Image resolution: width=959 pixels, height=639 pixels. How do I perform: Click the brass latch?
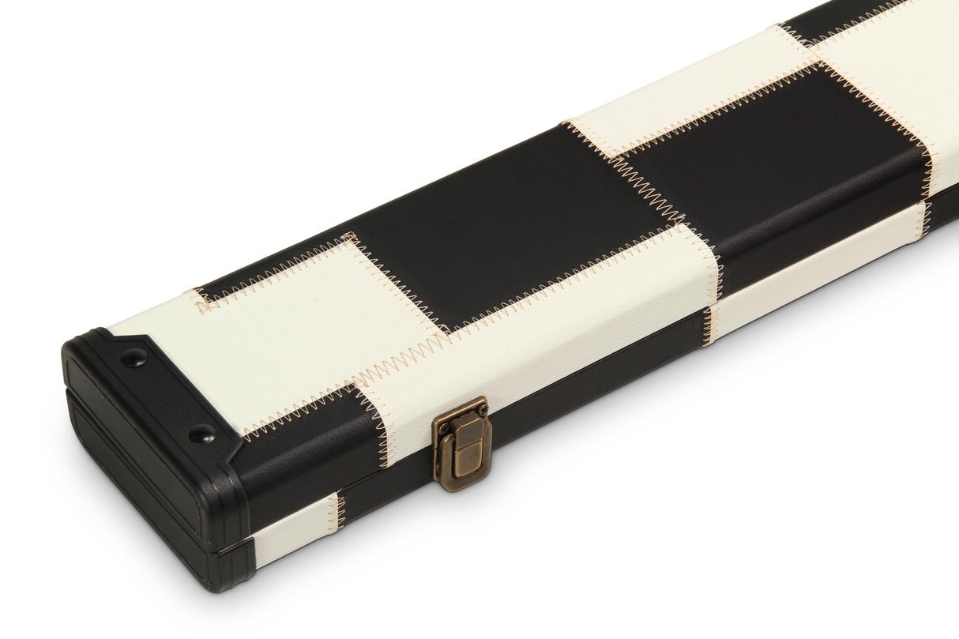461,443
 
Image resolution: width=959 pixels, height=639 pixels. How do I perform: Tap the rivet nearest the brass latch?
202,432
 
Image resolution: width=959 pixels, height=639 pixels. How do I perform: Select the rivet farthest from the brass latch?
134,357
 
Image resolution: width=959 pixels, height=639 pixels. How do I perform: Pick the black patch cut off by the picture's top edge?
837,20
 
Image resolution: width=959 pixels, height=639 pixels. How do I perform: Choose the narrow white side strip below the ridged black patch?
814,261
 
